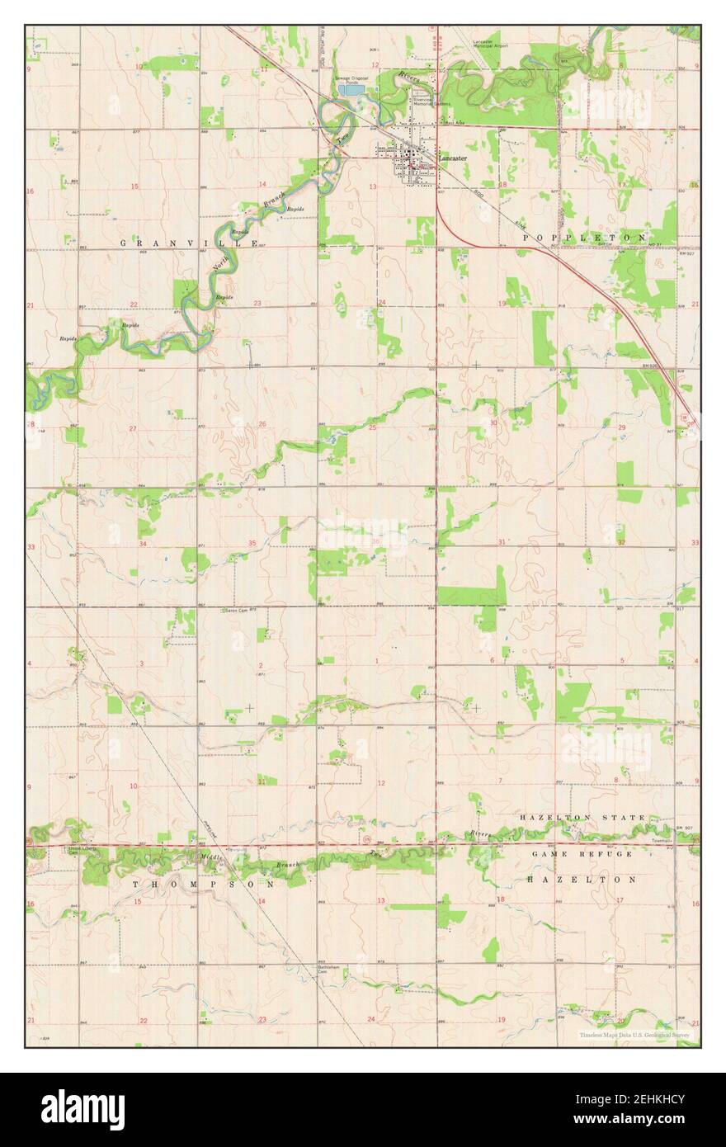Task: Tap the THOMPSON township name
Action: point(204,883)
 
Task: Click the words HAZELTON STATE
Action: point(582,817)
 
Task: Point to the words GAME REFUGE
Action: point(582,853)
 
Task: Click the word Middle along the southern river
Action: point(207,858)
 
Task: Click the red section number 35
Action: point(252,543)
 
